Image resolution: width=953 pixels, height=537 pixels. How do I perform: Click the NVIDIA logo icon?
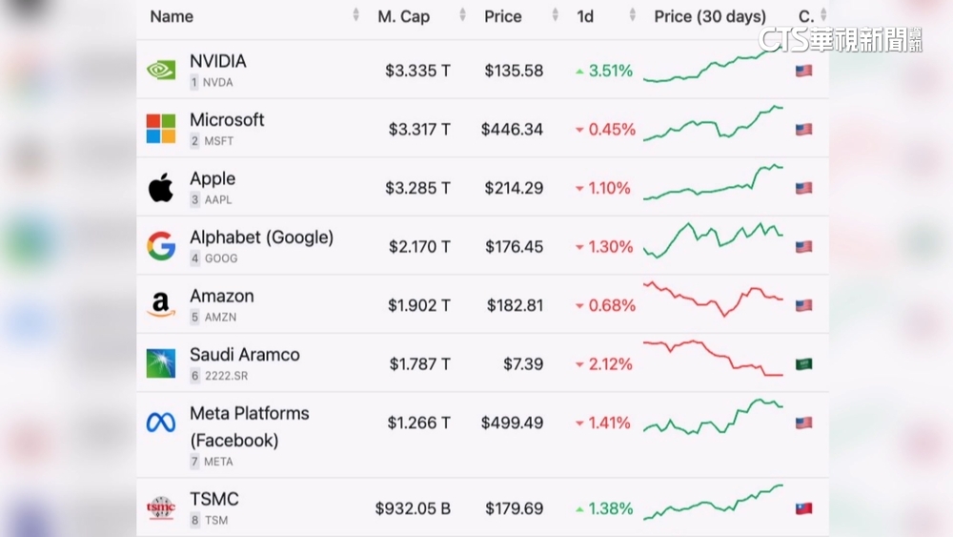[160, 70]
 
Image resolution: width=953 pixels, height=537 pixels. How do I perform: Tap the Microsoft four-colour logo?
[160, 129]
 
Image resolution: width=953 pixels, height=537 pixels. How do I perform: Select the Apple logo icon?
[160, 188]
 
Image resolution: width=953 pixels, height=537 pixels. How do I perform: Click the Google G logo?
[160, 246]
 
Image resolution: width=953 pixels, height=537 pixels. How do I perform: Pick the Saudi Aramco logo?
[160, 363]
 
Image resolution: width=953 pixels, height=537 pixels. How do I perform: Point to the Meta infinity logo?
[160, 423]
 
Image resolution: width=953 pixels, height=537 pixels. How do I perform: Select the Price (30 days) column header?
[710, 16]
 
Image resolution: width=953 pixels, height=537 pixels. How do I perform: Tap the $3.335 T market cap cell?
[417, 71]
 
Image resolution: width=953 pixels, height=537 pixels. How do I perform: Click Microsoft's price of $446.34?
[512, 130]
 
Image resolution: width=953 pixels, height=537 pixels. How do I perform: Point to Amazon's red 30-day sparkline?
[713, 298]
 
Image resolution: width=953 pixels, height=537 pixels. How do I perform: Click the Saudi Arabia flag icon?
[803, 363]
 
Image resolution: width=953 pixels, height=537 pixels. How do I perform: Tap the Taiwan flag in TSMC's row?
[803, 508]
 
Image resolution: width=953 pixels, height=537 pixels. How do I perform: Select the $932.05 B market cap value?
[413, 508]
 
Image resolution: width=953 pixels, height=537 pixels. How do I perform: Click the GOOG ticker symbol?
[220, 258]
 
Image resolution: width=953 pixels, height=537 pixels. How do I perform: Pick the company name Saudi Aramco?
[244, 354]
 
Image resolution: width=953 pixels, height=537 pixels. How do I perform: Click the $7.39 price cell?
[523, 364]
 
